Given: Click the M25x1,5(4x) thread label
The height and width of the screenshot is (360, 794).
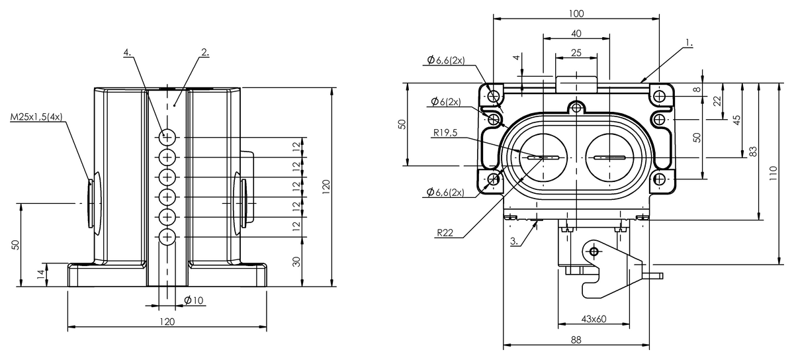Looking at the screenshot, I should [x=36, y=117].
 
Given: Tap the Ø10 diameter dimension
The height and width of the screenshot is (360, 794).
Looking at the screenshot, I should [x=194, y=300].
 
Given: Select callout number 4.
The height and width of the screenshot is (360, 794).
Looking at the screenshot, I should [x=126, y=51].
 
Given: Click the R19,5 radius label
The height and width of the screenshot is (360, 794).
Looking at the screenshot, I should [x=446, y=132].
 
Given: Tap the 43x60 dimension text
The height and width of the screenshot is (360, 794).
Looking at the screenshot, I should [x=594, y=319].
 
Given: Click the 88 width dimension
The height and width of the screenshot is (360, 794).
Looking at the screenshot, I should [x=576, y=339].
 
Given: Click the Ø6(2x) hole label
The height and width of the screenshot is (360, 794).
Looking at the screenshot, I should [x=447, y=101].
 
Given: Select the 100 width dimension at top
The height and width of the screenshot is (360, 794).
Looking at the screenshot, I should [x=576, y=13].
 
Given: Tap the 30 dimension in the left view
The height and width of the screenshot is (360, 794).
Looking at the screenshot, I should [x=297, y=261].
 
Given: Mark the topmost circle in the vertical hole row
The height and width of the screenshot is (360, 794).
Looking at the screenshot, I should [x=167, y=137].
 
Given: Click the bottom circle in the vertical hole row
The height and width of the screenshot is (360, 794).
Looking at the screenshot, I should [x=167, y=236].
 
